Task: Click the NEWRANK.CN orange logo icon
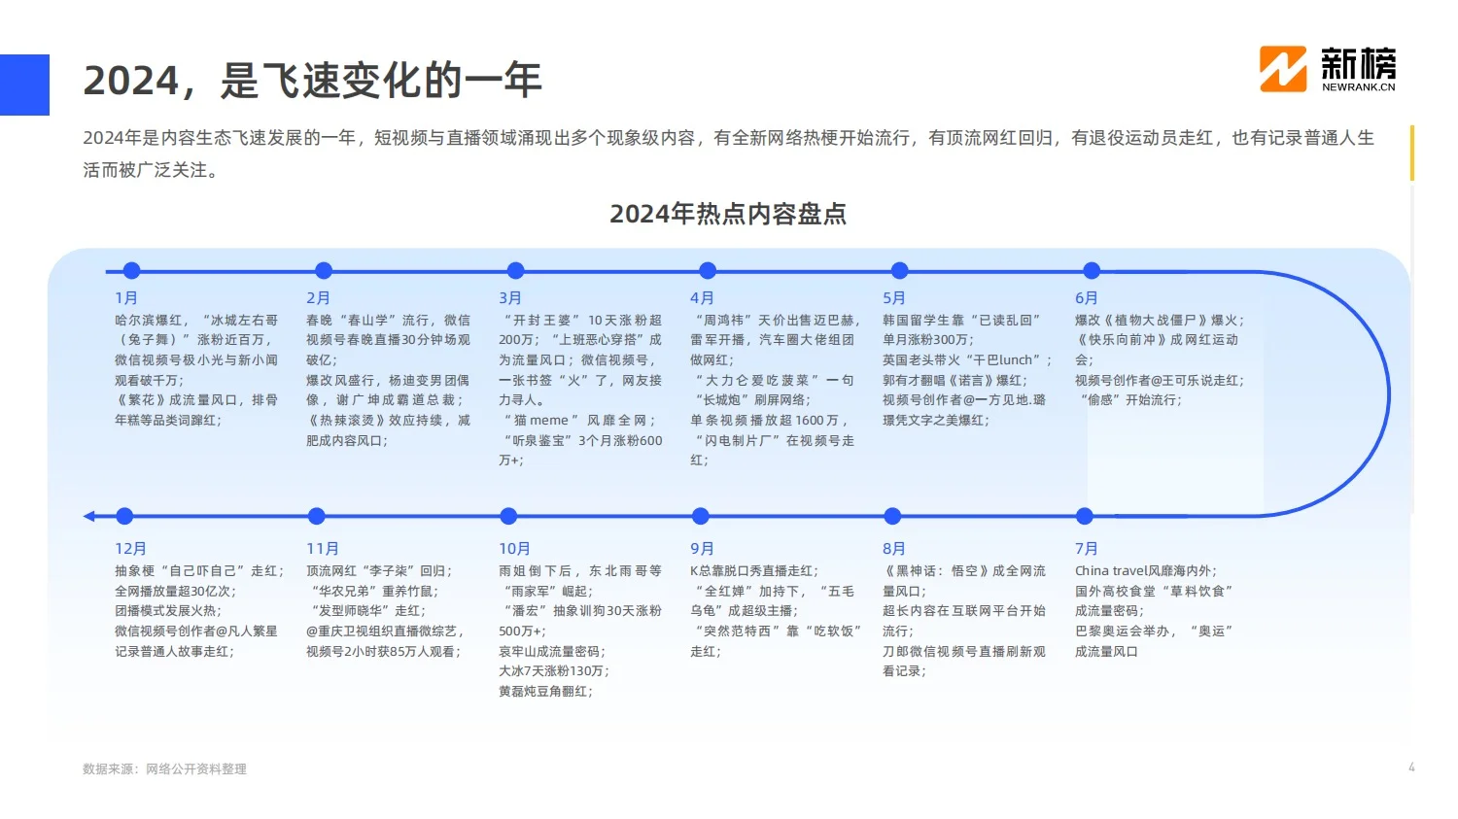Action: click(x=1283, y=69)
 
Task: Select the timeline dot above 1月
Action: click(x=132, y=271)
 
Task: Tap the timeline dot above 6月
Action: click(x=1092, y=271)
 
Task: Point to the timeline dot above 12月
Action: click(x=124, y=516)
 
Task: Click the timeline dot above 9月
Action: click(x=701, y=516)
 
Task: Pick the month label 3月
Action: click(x=510, y=298)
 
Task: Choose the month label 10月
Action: click(x=514, y=549)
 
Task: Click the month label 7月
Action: click(x=1086, y=549)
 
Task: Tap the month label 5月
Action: click(x=894, y=298)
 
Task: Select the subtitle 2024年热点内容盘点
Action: click(x=728, y=214)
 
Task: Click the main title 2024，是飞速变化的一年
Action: click(x=312, y=81)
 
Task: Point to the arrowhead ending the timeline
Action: click(x=88, y=516)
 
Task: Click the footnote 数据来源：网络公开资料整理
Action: click(x=164, y=768)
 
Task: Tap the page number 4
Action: click(x=1411, y=768)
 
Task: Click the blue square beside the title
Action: click(x=24, y=85)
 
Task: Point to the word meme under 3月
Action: click(x=549, y=421)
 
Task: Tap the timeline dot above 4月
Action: click(x=708, y=271)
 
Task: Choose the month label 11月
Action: click(x=323, y=549)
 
